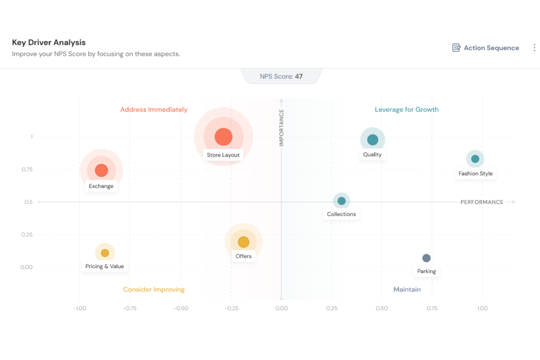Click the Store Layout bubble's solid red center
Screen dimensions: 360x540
click(x=223, y=137)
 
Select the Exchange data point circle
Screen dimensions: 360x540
click(x=101, y=170)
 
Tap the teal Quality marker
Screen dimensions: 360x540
click(x=373, y=140)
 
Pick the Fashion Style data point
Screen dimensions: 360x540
click(x=475, y=159)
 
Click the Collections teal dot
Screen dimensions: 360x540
click(x=342, y=201)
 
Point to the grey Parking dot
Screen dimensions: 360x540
click(x=426, y=258)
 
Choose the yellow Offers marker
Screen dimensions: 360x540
click(x=243, y=242)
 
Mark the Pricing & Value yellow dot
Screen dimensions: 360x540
click(x=105, y=253)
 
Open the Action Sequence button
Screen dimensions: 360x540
click(x=486, y=48)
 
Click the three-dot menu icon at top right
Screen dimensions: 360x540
click(x=534, y=48)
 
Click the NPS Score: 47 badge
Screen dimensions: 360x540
click(x=281, y=77)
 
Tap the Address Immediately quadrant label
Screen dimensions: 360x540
click(x=154, y=109)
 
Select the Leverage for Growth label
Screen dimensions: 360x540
click(x=406, y=109)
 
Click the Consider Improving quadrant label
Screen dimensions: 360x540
click(x=154, y=290)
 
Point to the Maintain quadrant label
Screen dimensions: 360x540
click(x=407, y=290)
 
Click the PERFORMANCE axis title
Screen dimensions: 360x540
click(x=482, y=202)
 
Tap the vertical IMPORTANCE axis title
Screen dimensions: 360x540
click(x=281, y=128)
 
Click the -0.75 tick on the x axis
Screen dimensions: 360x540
click(x=130, y=309)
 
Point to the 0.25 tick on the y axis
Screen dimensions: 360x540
click(x=27, y=235)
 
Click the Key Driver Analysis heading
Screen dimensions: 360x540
click(x=49, y=42)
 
